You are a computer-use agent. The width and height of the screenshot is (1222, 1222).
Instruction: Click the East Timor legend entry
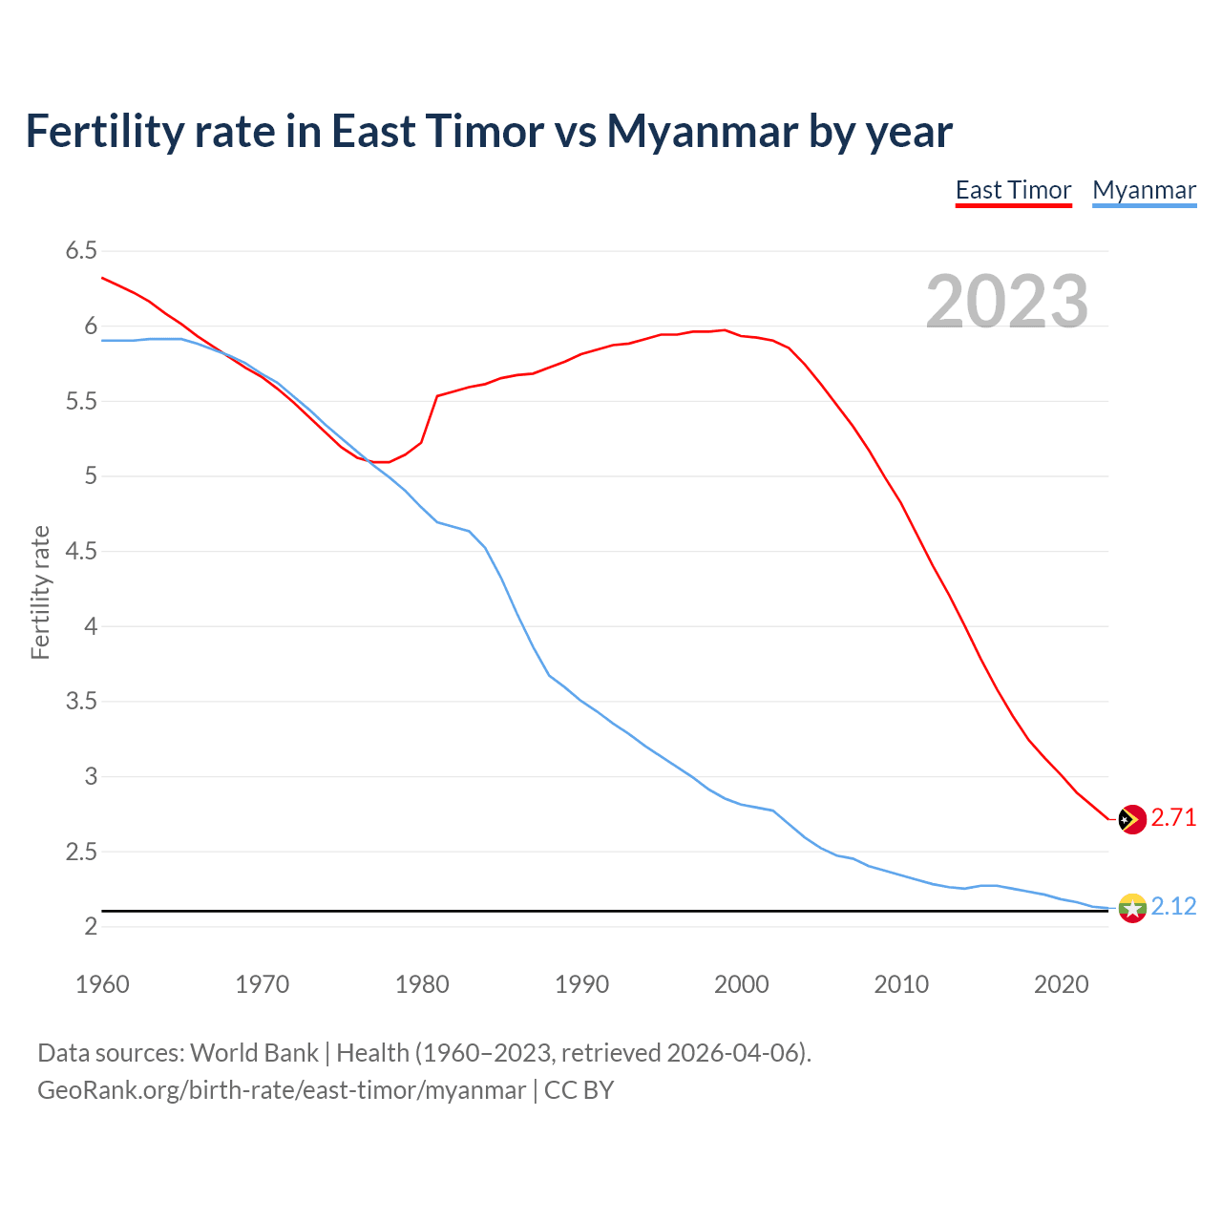(x=1013, y=190)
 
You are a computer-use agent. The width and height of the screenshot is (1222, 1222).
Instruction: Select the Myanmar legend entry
(x=1144, y=190)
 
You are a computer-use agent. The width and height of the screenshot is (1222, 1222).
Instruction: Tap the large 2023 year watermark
(x=1007, y=302)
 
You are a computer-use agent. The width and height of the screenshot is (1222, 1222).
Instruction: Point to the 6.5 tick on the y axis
(x=81, y=251)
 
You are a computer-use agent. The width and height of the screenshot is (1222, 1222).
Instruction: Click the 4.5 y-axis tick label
(x=81, y=551)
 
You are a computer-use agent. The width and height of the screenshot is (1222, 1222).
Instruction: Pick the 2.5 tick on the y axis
(x=81, y=852)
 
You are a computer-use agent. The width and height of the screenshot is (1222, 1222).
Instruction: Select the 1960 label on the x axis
(x=102, y=984)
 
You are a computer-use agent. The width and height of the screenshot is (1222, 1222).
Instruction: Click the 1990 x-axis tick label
(x=581, y=984)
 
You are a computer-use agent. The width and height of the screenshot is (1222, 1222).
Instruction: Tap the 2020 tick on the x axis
(x=1061, y=984)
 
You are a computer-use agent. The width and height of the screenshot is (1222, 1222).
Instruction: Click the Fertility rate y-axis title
(x=40, y=592)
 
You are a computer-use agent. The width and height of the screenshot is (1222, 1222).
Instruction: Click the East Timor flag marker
(x=1132, y=819)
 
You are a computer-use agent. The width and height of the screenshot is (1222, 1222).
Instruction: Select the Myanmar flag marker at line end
(x=1132, y=907)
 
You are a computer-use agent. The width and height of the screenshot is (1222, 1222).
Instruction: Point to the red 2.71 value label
(x=1173, y=818)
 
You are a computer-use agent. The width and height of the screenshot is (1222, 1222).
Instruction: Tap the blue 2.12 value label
(x=1173, y=906)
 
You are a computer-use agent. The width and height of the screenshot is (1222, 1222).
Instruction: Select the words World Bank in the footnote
(x=254, y=1053)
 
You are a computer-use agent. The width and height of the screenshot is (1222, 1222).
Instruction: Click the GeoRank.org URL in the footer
(x=282, y=1090)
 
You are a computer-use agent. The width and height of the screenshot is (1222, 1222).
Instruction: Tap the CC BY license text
(x=579, y=1090)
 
